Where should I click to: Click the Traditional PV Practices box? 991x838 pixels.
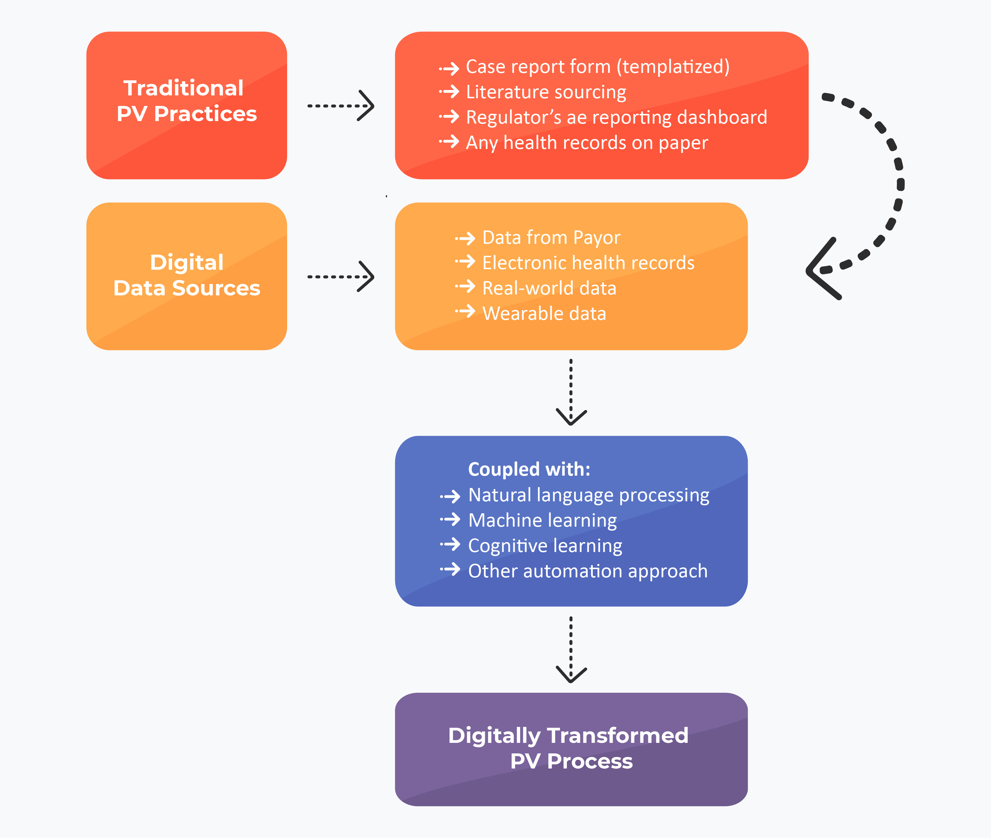tap(186, 105)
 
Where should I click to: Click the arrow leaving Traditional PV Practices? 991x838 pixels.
tap(341, 105)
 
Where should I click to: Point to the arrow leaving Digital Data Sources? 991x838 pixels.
tap(341, 277)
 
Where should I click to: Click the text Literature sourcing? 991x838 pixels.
tap(546, 92)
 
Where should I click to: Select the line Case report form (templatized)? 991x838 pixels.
tap(598, 67)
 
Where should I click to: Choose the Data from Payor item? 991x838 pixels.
tap(551, 238)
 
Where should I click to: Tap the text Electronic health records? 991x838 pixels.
tap(588, 263)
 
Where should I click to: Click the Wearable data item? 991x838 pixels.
tap(544, 314)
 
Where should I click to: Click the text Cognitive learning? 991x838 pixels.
tap(545, 545)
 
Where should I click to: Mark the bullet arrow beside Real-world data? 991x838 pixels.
tap(465, 287)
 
